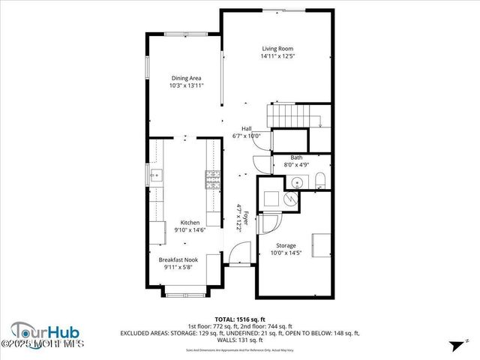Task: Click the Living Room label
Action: tap(277, 49)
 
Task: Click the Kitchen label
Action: tap(189, 223)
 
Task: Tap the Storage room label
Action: tap(286, 246)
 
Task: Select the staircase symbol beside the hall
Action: tap(290, 117)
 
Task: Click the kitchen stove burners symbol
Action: tap(212, 180)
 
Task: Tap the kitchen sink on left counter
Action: tap(155, 177)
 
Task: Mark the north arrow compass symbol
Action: tap(455, 346)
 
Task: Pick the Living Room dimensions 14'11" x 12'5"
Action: tap(277, 56)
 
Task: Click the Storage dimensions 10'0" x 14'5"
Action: tap(286, 253)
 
